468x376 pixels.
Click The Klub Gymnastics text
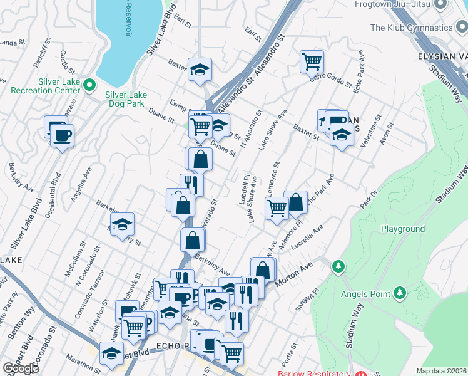pos(410,28)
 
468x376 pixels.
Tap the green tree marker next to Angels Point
pos(399,292)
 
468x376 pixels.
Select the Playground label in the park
pos(403,229)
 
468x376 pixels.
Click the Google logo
pos(21,368)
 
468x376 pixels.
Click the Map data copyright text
pos(442,371)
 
